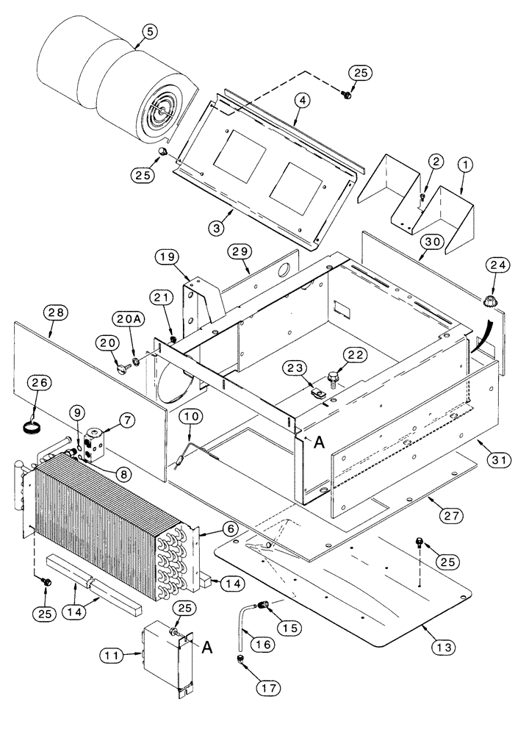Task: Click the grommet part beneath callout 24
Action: coord(487,301)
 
